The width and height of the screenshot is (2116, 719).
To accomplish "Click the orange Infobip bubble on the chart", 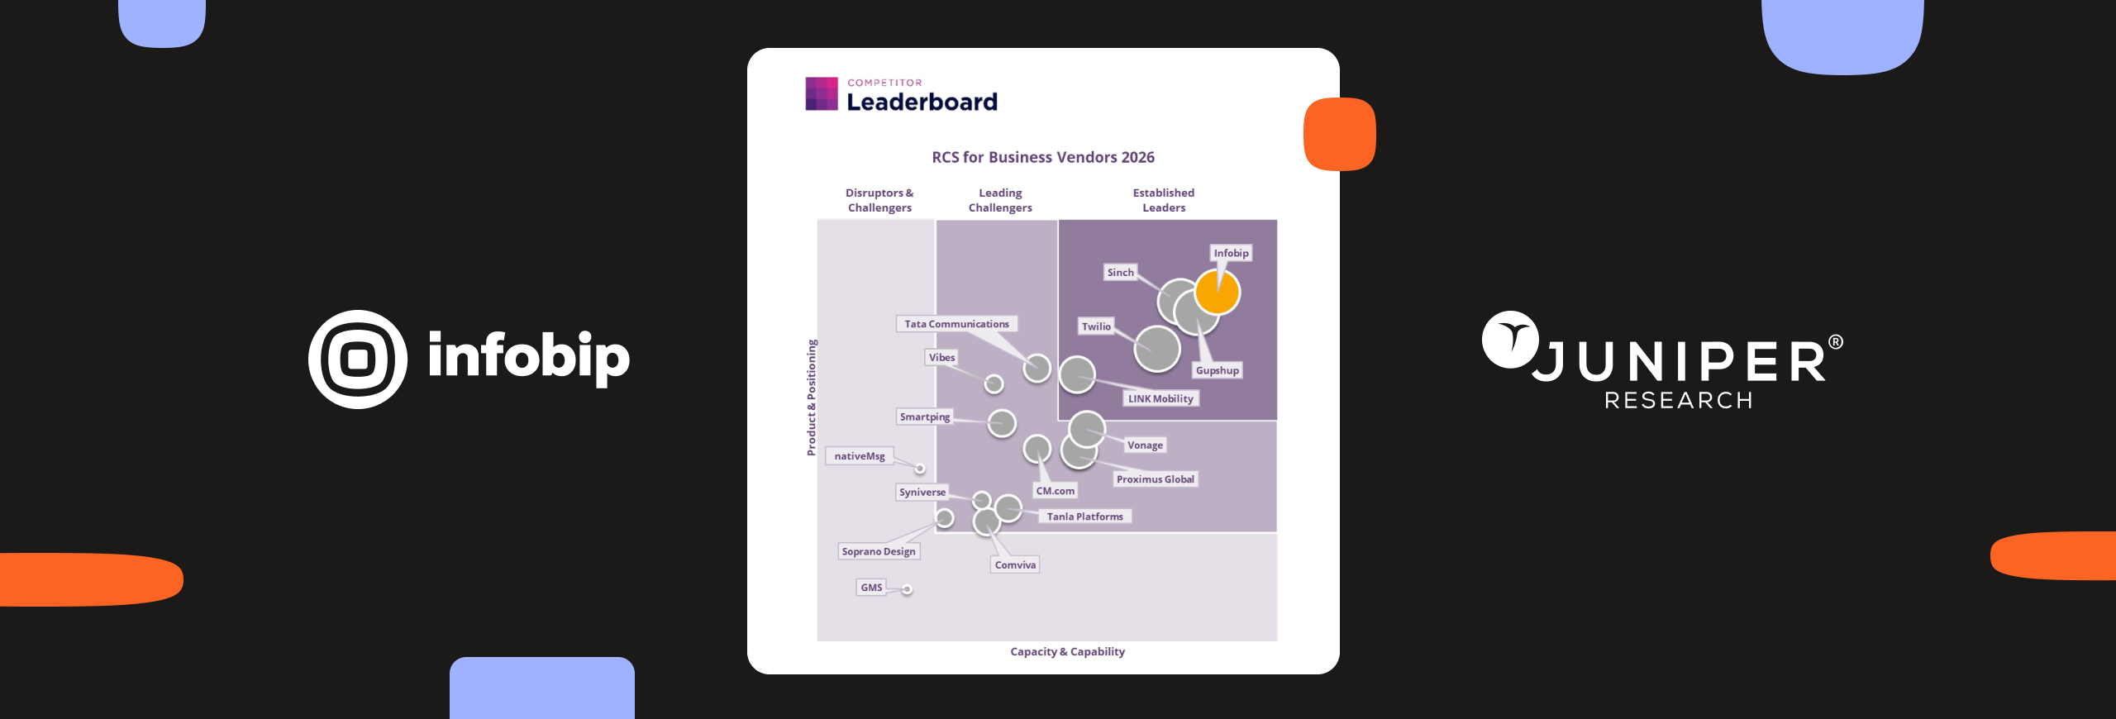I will coord(1218,292).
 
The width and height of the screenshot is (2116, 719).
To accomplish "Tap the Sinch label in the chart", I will coord(1120,273).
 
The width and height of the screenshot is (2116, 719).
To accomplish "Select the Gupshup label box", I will coord(1217,370).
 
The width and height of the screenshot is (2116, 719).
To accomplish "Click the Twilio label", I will coord(1096,326).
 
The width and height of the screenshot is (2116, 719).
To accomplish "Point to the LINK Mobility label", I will coord(1160,398).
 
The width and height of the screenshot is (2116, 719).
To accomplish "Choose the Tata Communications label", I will coord(956,324).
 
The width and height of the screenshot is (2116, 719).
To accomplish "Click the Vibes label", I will coord(941,357).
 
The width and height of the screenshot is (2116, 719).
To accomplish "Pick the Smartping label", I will coord(925,417).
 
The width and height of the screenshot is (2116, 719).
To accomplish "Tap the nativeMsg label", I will coord(860,456).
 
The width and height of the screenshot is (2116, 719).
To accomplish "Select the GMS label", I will coord(871,588).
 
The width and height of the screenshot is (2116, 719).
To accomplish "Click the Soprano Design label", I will coord(879,551).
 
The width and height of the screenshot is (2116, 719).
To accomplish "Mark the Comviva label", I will coord(1015,565).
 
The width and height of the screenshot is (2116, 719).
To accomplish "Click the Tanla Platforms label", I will coord(1084,517).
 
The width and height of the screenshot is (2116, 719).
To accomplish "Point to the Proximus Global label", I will coord(1155,479).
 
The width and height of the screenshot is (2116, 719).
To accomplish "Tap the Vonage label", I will coord(1145,445).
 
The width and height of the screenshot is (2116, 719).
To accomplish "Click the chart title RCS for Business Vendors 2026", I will coord(1043,157).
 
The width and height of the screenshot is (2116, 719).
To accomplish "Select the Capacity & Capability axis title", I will coord(1067,651).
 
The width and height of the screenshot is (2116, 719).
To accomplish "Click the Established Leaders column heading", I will coord(1164,200).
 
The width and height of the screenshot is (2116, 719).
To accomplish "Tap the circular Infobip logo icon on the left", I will coord(358,359).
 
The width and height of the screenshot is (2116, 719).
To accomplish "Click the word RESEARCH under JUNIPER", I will coord(1678,401).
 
